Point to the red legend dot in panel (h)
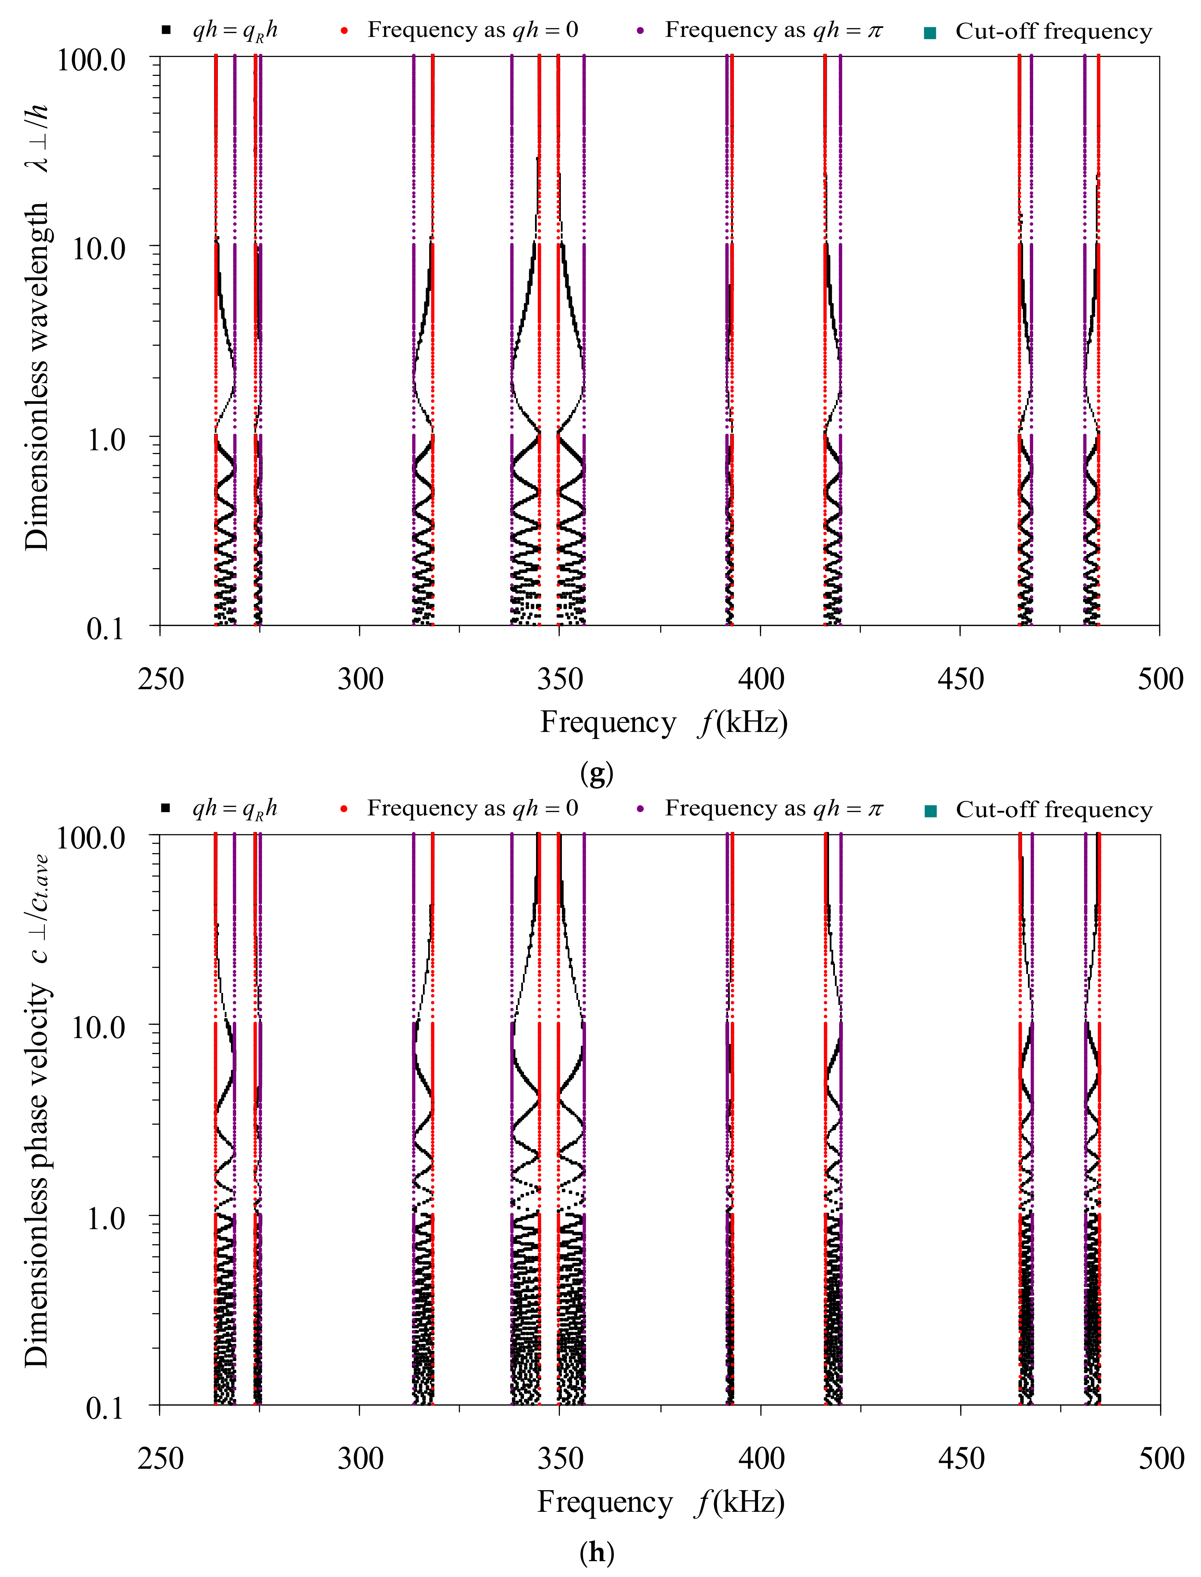[x=344, y=808]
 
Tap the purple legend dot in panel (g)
[x=640, y=31]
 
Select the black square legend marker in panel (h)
[x=166, y=808]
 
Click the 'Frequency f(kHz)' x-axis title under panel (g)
[x=663, y=723]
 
